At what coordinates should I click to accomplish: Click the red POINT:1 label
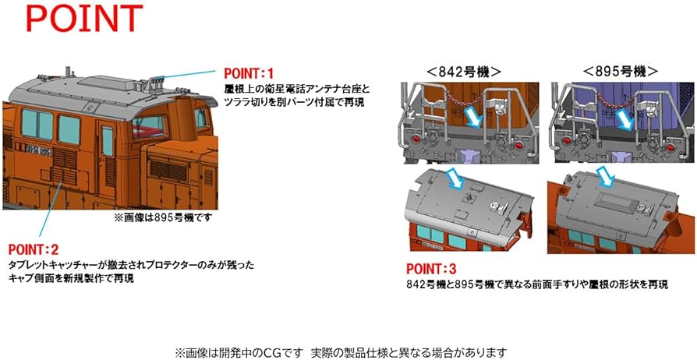[251, 71]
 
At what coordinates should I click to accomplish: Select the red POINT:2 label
[34, 250]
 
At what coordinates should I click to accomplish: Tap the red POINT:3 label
[432, 269]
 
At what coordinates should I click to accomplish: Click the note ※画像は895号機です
[162, 218]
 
